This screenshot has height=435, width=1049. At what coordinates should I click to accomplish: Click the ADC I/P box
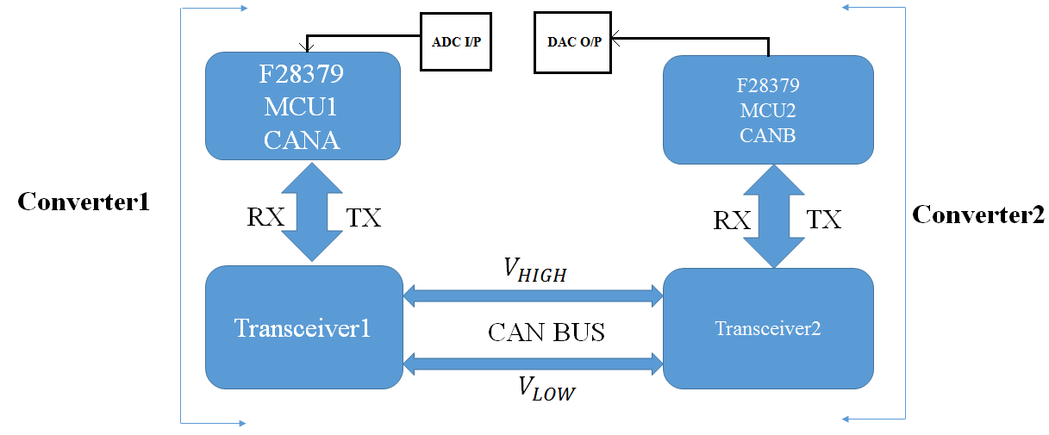pos(456,41)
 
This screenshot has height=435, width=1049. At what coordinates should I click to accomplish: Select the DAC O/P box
pos(572,42)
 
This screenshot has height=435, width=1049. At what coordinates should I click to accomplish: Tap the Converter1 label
pos(84,202)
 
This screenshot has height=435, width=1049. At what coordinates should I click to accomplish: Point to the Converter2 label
pos(978,215)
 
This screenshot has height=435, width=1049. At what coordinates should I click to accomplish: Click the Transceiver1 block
pos(304,327)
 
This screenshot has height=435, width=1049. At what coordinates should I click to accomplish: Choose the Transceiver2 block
pos(768,328)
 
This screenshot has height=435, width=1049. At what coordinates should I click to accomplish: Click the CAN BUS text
pos(546,332)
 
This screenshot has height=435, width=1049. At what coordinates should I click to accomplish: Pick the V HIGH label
pos(534,270)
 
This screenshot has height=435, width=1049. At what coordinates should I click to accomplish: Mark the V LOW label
pos(546,388)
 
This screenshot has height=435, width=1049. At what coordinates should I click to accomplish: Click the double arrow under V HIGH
pos(533,296)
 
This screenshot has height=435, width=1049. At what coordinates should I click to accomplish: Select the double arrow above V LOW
pos(533,364)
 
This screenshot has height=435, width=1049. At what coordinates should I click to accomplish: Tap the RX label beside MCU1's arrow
pos(265,217)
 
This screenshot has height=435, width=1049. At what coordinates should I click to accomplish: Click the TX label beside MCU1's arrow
pos(364,218)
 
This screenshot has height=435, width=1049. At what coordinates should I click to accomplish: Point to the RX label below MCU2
pos(732,220)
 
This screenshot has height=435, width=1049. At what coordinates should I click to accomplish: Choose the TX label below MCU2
pos(824,219)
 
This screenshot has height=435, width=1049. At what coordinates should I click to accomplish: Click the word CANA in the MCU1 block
pos(302,140)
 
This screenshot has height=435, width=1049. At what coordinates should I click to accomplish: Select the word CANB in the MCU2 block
pos(767,136)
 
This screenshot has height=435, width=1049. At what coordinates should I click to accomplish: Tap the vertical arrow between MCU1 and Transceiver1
pos(312,212)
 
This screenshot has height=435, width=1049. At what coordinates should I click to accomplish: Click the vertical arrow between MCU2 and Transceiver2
pos(774,216)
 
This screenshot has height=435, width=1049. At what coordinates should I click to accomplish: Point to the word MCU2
pos(768,111)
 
